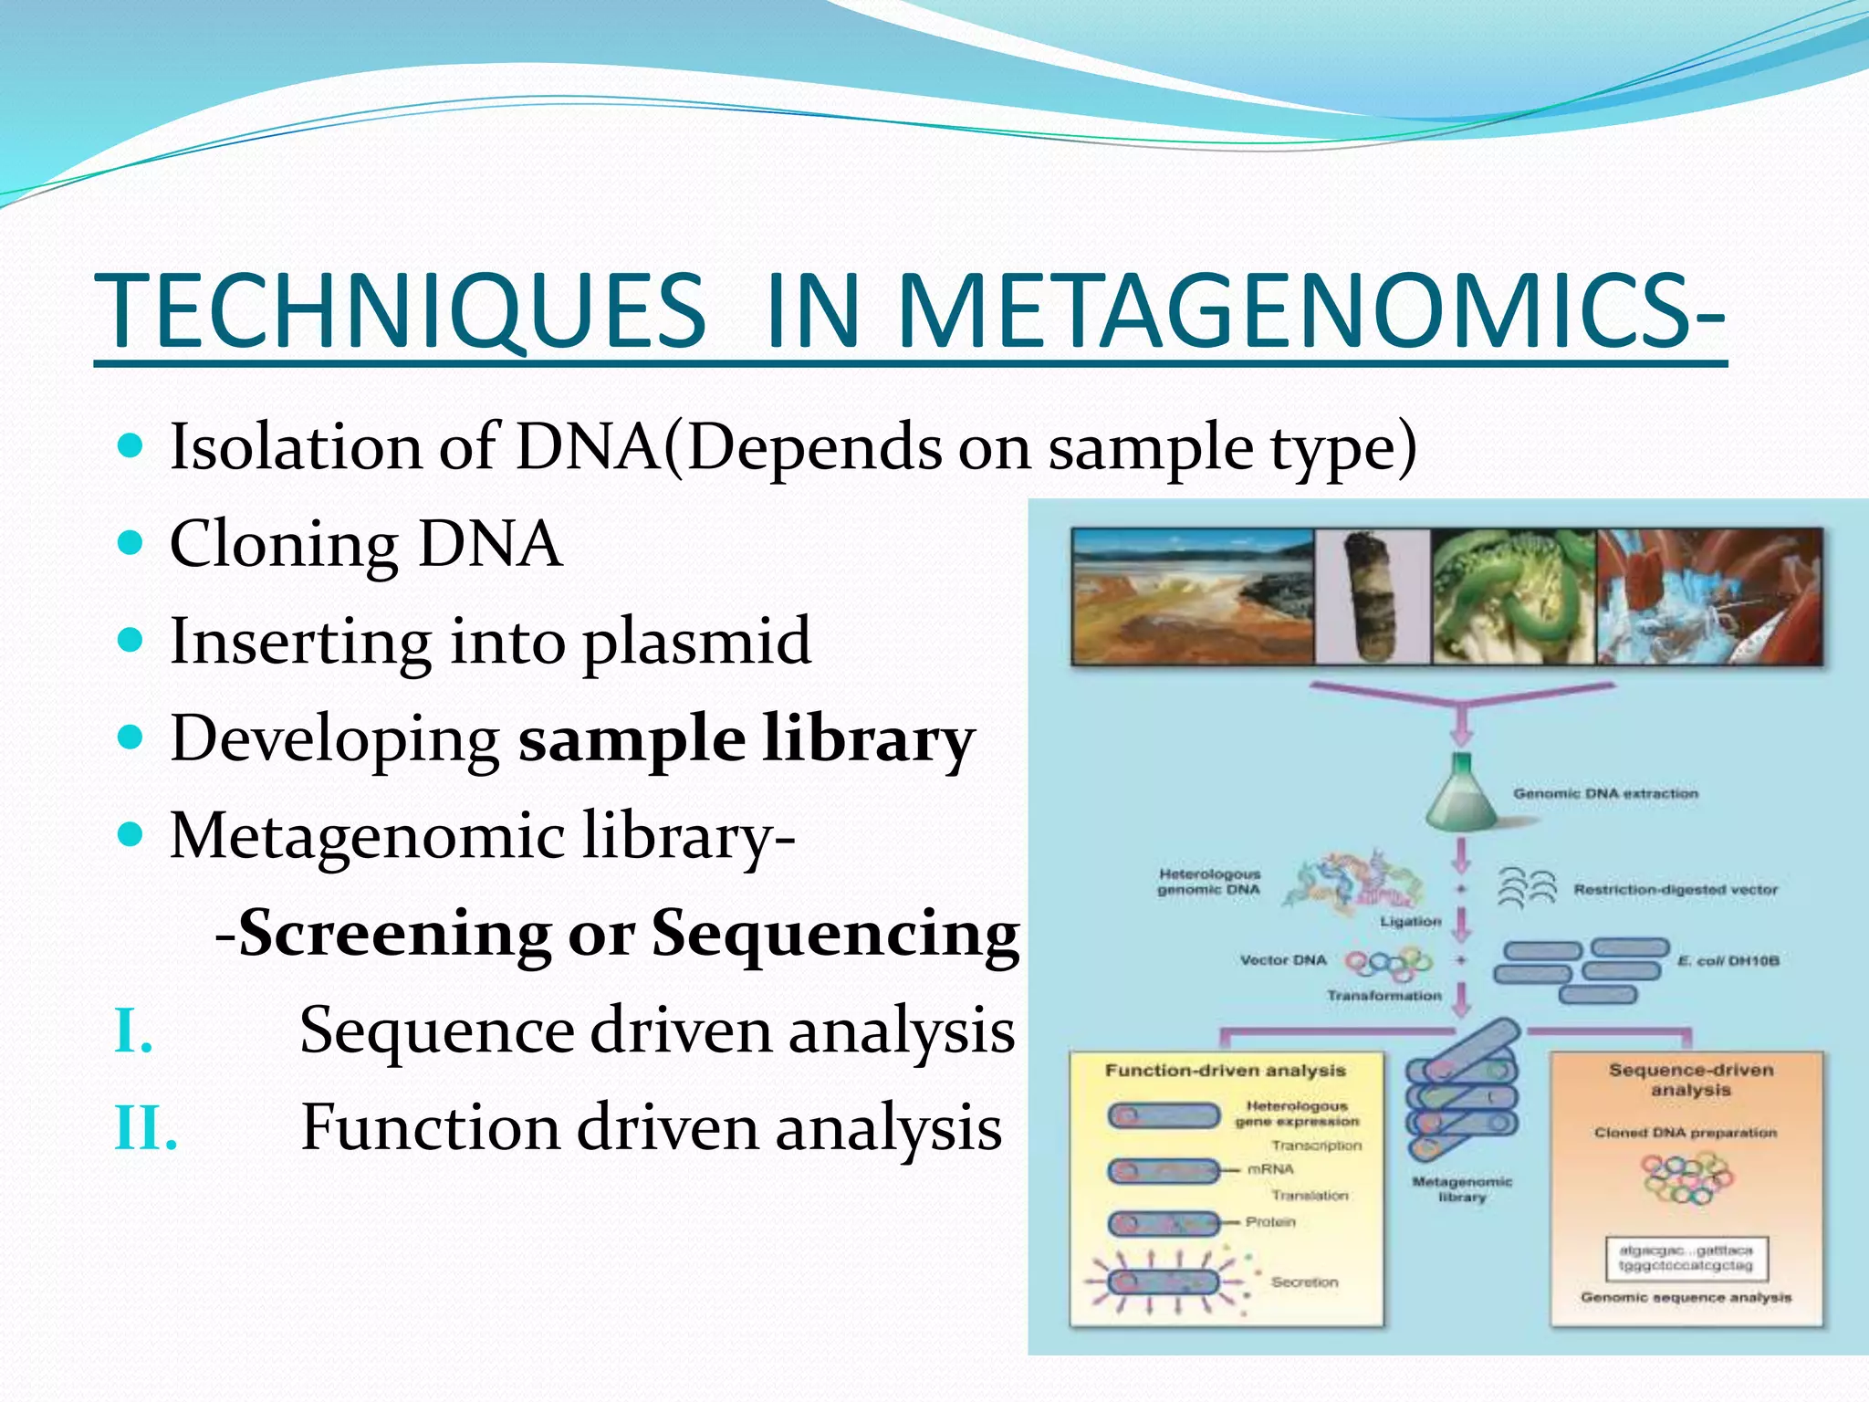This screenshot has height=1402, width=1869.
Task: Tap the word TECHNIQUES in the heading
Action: coord(402,310)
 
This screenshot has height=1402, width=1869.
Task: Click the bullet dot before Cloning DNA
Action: coord(131,542)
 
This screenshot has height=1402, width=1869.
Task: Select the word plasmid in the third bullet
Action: coord(695,641)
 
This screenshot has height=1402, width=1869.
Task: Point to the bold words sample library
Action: coord(746,739)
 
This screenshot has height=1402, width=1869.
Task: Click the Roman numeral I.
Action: coord(133,1031)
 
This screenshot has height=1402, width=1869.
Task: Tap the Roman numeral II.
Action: coord(145,1128)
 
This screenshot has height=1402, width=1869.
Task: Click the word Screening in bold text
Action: coord(394,933)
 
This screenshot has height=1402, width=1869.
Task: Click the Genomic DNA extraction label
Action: coord(1605,793)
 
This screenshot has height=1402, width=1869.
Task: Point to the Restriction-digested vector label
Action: coord(1675,889)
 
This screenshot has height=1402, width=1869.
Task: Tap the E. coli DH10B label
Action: coord(1728,960)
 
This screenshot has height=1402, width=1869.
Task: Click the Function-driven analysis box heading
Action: coord(1225,1070)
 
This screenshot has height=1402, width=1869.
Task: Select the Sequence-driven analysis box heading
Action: coord(1690,1079)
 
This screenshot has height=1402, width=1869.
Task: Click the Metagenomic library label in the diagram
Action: coord(1462,1188)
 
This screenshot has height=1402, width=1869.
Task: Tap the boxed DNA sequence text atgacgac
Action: coord(1685,1258)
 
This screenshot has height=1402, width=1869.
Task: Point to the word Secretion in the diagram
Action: coord(1304,1282)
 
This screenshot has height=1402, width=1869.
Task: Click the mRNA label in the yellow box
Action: coord(1270,1168)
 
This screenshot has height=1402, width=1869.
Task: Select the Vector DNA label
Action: coord(1282,960)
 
